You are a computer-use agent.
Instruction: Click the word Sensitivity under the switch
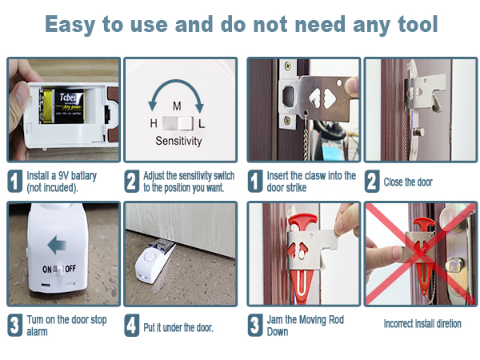coord(179,142)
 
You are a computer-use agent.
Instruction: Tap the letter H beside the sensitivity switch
coord(153,123)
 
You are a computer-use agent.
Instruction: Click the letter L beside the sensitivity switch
coord(202,123)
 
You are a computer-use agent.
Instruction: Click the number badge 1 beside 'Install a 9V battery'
coord(14,181)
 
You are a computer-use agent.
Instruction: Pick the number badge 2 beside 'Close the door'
coord(372,182)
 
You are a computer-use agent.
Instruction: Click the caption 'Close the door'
coord(408,182)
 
